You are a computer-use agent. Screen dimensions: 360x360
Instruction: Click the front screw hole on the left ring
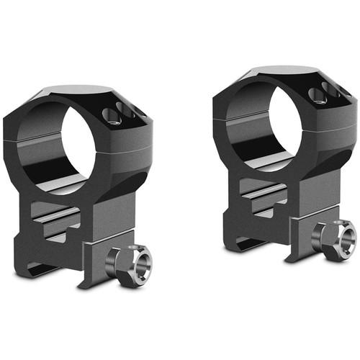click(x=109, y=114)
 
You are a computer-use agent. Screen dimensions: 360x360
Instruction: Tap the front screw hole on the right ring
click(x=314, y=95)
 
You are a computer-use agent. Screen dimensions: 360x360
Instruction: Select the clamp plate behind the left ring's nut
click(x=98, y=256)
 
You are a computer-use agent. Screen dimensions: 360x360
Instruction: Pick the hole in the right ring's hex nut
click(x=339, y=238)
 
